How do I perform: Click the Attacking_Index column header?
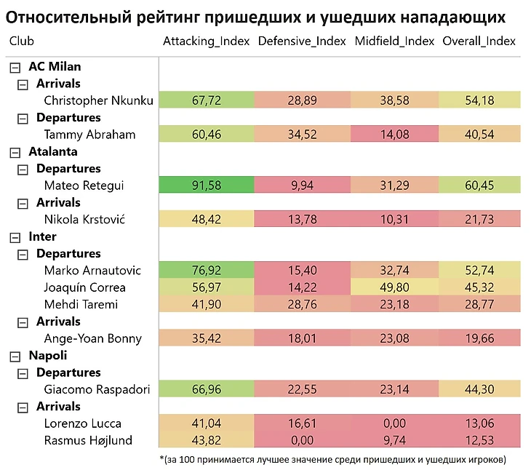click(206, 41)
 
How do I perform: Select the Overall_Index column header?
click(479, 41)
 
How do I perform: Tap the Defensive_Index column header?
click(302, 41)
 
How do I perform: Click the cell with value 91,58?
click(206, 186)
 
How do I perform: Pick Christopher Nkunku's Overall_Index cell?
click(479, 100)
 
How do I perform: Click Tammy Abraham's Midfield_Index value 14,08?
click(395, 135)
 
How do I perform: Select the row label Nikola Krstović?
click(84, 220)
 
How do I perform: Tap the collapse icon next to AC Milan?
click(14, 67)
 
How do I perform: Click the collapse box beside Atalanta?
click(14, 152)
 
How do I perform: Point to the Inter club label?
click(42, 236)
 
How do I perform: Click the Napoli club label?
click(47, 356)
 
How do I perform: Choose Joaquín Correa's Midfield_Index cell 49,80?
click(395, 287)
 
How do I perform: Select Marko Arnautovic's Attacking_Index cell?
click(206, 271)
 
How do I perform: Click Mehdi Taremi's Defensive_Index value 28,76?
click(302, 305)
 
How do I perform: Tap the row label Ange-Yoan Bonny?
click(92, 338)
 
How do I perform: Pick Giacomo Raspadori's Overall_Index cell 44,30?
click(479, 389)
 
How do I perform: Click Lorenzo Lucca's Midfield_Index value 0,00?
click(395, 423)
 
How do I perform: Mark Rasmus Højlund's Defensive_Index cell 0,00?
click(302, 440)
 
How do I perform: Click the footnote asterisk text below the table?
click(332, 459)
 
